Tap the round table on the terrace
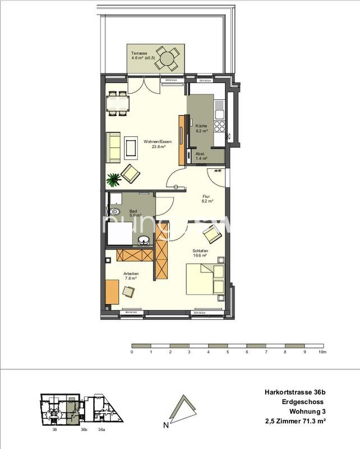(167, 58)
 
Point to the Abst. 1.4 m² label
(201, 157)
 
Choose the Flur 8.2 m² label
(206, 198)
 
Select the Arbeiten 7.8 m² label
(131, 276)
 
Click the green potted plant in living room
(114, 180)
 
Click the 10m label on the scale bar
(321, 352)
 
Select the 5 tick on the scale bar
(227, 352)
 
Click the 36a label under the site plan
(101, 430)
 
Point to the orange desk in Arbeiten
(112, 292)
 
